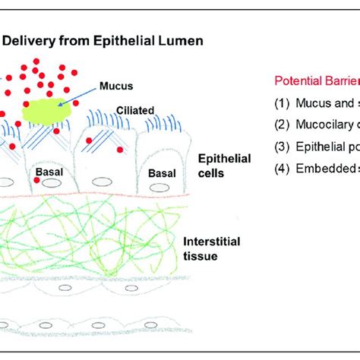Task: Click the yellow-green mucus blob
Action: pyautogui.click(x=49, y=111)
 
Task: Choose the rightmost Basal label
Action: pyautogui.click(x=162, y=173)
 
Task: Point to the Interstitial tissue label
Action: pyautogui.click(x=212, y=248)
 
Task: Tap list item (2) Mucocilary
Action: pyautogui.click(x=315, y=127)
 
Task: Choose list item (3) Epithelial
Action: pyautogui.click(x=315, y=148)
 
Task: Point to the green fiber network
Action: pyautogui.click(x=91, y=239)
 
